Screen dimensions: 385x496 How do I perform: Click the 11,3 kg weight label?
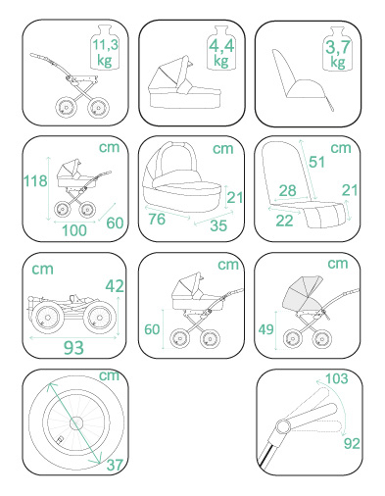[105, 52]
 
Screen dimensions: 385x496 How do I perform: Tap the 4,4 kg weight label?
[221, 52]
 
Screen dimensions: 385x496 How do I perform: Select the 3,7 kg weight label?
[338, 54]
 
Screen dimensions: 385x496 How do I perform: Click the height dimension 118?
[35, 180]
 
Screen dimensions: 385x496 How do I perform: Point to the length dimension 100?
[74, 230]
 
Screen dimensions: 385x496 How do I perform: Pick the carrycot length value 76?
[157, 219]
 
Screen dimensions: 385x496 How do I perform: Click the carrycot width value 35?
[218, 225]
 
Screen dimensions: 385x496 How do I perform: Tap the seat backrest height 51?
[316, 162]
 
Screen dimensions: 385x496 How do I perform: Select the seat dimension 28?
[288, 190]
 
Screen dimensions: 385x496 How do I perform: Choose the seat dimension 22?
[284, 221]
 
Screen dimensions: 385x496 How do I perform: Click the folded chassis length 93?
[73, 348]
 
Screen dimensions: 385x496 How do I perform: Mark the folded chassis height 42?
[115, 286]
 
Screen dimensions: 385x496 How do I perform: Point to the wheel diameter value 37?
[115, 465]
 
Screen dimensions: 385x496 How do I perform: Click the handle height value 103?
[337, 378]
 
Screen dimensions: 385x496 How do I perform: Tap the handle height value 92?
[352, 443]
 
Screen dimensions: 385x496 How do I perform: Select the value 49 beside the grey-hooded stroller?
[265, 329]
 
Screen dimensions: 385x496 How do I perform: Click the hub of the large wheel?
[77, 423]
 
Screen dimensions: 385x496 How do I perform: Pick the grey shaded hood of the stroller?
[303, 293]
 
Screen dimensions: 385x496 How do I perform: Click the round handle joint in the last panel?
[283, 426]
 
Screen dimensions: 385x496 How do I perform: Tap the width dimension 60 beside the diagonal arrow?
[115, 223]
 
